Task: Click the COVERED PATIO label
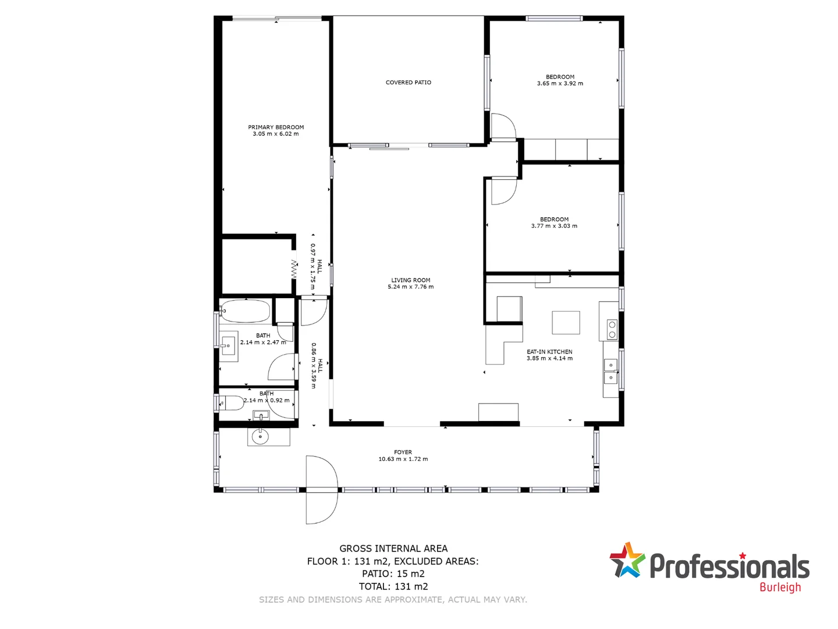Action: pos(408,83)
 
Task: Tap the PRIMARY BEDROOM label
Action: pos(276,127)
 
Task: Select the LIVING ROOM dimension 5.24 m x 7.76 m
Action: pos(410,287)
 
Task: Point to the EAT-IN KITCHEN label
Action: pos(549,352)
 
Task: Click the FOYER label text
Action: pos(403,452)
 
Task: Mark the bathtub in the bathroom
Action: pos(246,311)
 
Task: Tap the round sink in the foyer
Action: pos(260,436)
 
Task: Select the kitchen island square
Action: pos(566,322)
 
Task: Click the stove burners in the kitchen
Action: pos(612,330)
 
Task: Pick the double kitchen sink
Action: pos(610,372)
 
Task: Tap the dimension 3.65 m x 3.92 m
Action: pos(560,84)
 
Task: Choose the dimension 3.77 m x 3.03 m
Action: pos(554,226)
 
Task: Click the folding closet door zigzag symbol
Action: pos(294,268)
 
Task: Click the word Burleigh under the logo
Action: pos(780,587)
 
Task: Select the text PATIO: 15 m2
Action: pos(393,574)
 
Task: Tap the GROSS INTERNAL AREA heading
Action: pos(393,549)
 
